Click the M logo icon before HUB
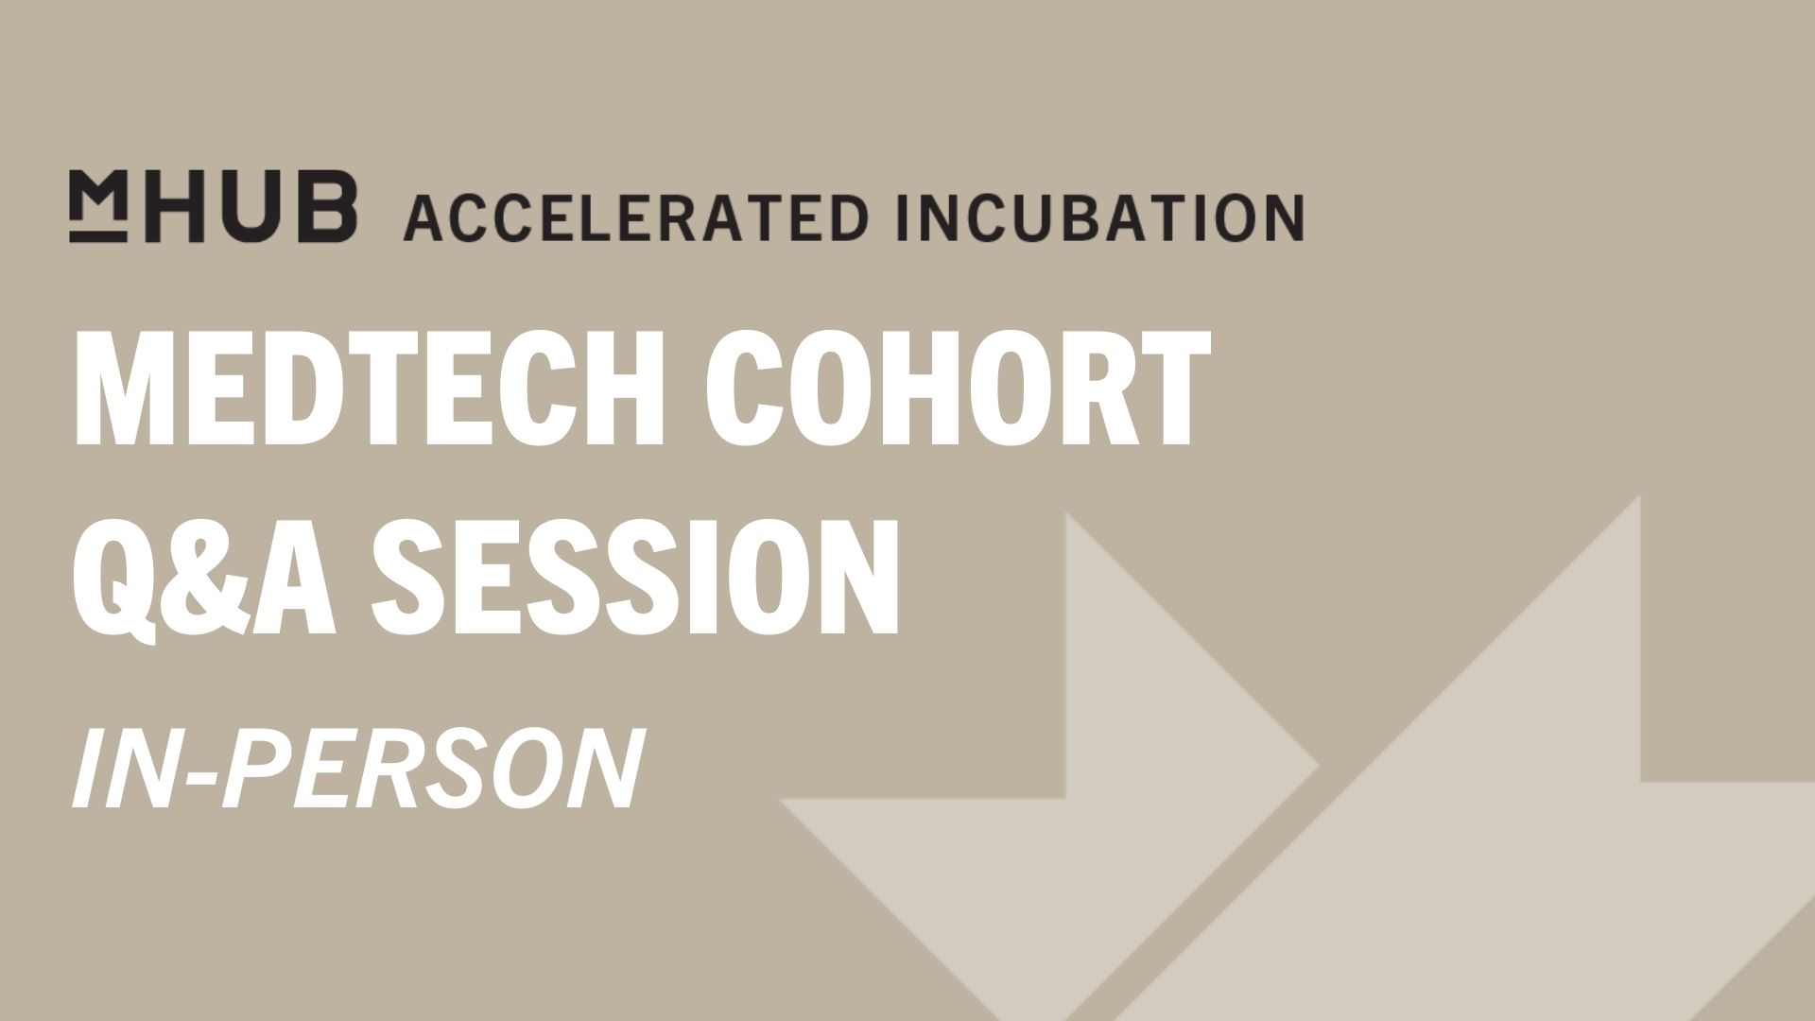tap(97, 206)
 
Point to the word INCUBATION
tap(1099, 217)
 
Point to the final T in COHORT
tap(1170, 389)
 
